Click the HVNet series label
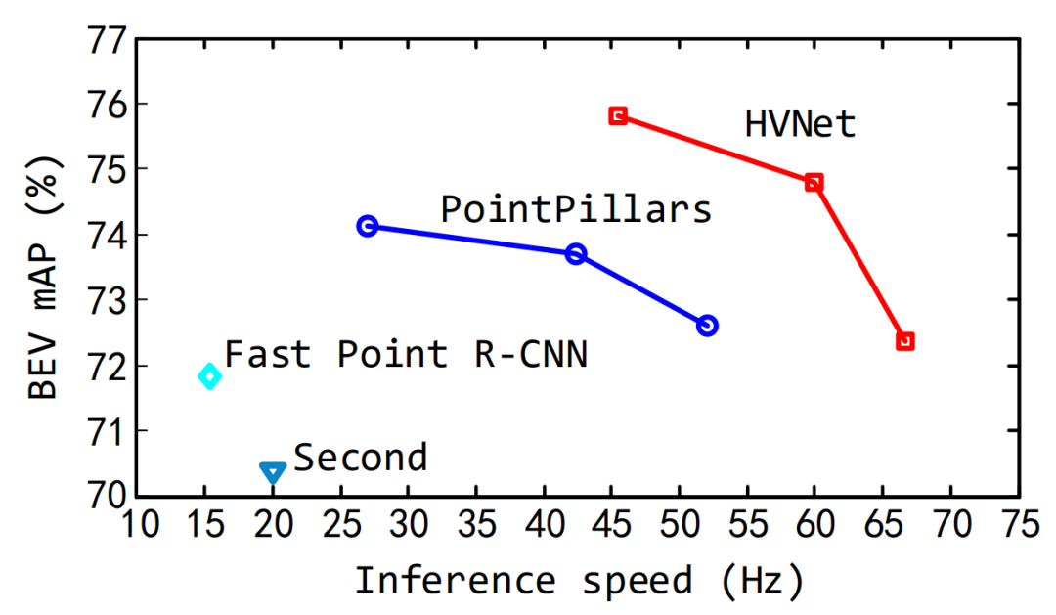[799, 124]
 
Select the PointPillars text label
[576, 209]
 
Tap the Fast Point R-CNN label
[406, 354]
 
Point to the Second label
[361, 458]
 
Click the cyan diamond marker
[209, 375]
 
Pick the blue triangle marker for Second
[273, 472]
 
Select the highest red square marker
[618, 115]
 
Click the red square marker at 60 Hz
[814, 183]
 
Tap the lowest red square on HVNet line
[905, 341]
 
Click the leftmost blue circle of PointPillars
[368, 226]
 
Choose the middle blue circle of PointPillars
[576, 254]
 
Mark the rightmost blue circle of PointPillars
[708, 326]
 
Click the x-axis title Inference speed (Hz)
[579, 581]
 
